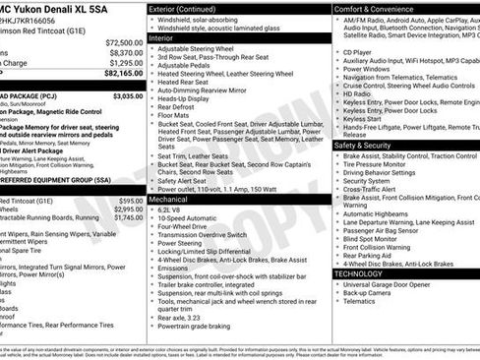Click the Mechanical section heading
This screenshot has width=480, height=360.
tap(171, 198)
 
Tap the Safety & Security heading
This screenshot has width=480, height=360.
tap(363, 144)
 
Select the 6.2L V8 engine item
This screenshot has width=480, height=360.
tap(172, 210)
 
